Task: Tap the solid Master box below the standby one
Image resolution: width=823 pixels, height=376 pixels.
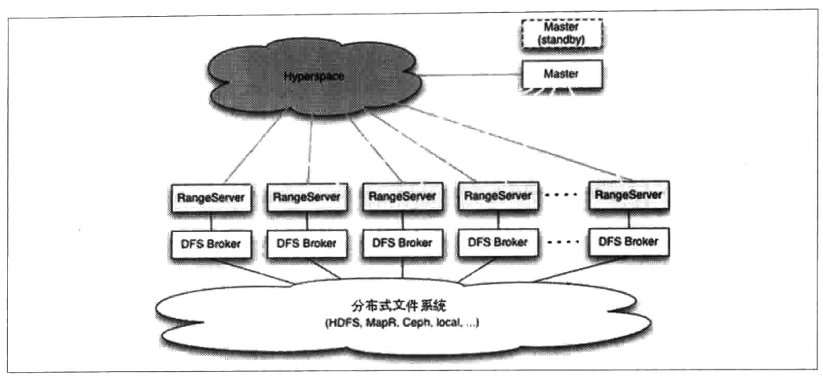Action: coord(561,73)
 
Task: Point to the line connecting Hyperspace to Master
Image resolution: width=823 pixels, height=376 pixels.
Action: coord(467,76)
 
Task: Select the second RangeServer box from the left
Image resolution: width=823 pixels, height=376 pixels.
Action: coord(306,195)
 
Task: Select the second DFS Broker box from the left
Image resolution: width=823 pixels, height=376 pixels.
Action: coord(306,242)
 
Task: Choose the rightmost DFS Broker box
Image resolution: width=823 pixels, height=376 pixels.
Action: coord(629,242)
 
